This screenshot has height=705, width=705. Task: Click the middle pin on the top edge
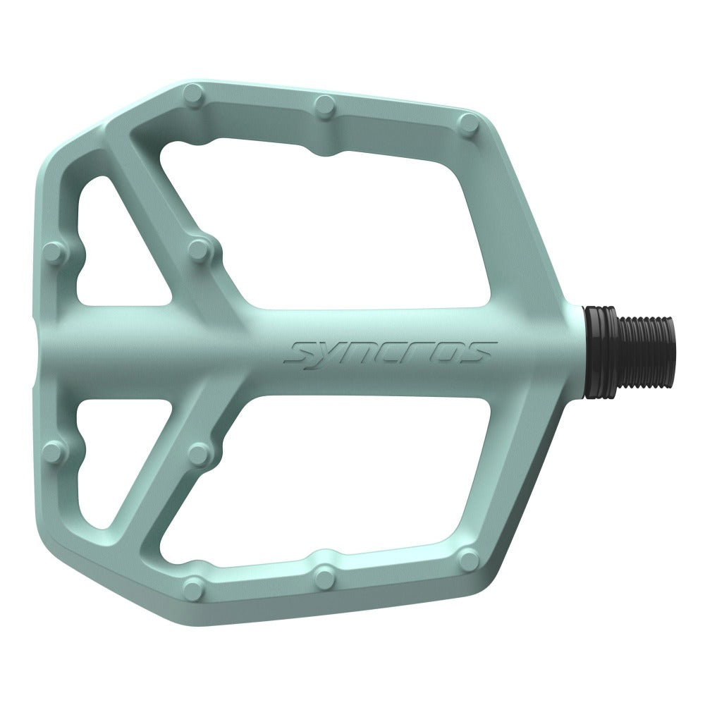[x=325, y=105]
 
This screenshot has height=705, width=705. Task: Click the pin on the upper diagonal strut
[x=199, y=248]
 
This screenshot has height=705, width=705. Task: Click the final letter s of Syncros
[x=482, y=350]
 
